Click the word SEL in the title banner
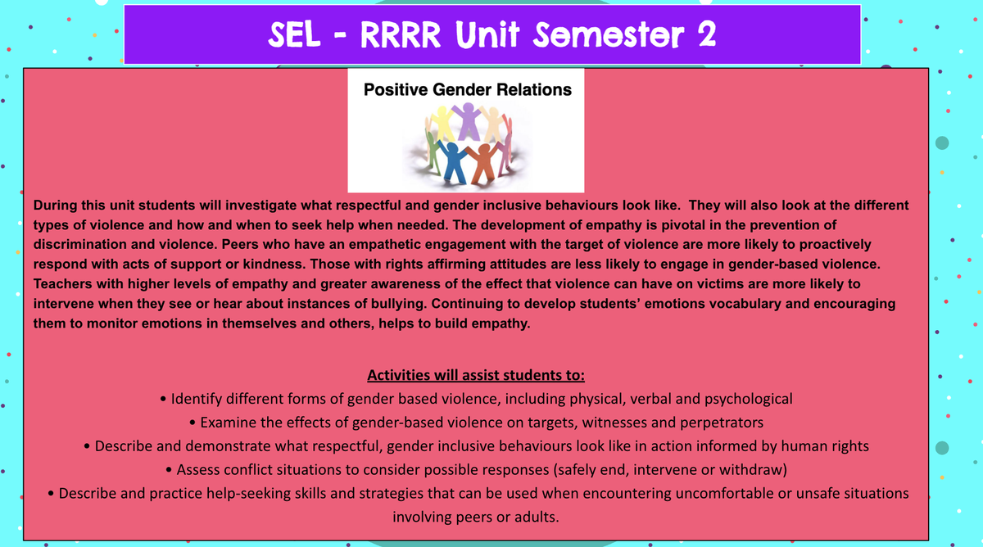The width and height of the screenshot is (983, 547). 294,34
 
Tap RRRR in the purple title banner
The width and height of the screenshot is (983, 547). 401,34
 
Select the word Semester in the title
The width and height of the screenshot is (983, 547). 608,34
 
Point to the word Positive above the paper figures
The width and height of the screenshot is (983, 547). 396,89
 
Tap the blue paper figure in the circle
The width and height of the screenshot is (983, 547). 453,160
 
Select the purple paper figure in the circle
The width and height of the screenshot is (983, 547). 468,121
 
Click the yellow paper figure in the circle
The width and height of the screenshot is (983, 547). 442,124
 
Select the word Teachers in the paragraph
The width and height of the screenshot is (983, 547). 63,284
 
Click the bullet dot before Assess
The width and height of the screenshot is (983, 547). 169,470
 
